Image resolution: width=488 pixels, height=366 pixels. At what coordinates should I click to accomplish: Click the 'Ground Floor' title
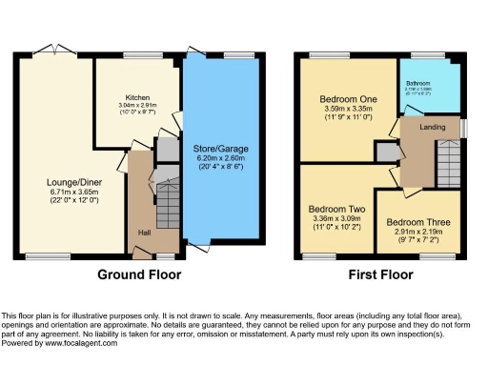coord(139,274)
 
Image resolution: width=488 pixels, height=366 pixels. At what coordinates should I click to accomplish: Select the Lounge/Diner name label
coord(68,179)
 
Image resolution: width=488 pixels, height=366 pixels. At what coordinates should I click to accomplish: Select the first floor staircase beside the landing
coord(446,156)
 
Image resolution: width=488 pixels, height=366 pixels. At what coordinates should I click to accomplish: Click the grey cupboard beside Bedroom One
coord(386,151)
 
